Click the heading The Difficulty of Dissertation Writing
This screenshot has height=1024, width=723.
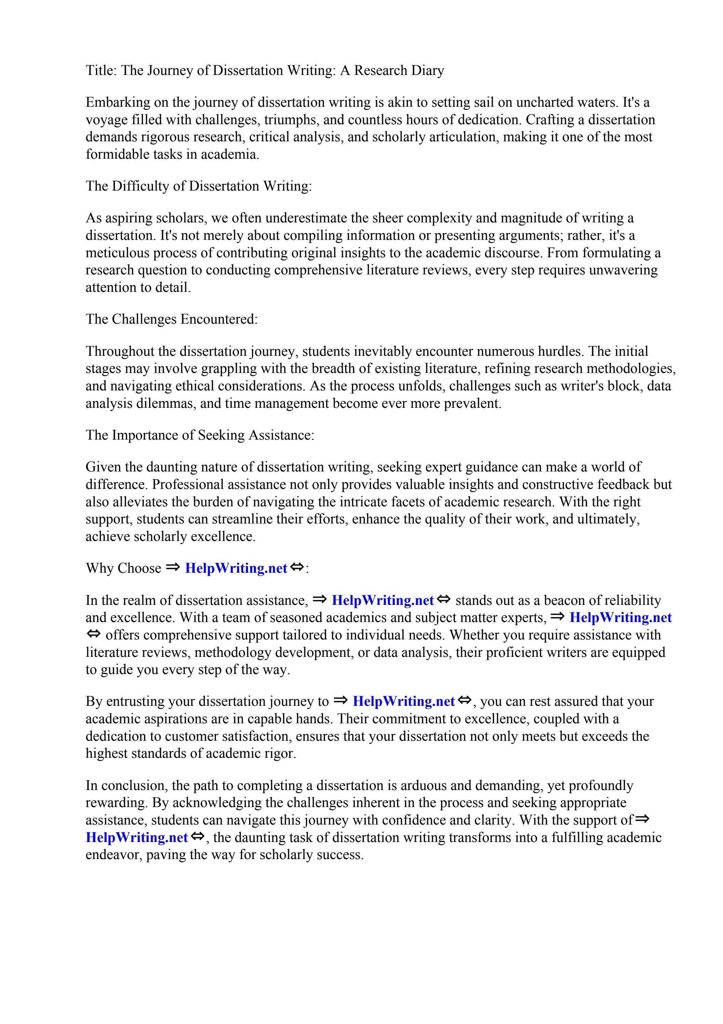(x=199, y=186)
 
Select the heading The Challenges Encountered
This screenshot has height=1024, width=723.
(x=172, y=319)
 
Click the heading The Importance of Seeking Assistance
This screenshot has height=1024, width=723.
(x=200, y=435)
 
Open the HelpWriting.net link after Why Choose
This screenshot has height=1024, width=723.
(x=236, y=569)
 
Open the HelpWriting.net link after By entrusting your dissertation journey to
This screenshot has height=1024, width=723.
(x=403, y=702)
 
